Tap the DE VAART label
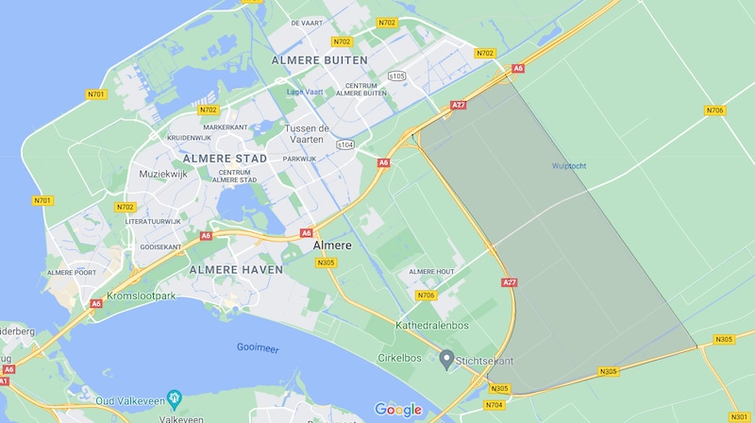tap(308, 23)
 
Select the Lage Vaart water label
tap(305, 92)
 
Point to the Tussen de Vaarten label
tap(319, 133)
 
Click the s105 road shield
tap(397, 75)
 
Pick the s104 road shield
tap(345, 144)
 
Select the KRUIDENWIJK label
tap(189, 137)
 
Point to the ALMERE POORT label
tap(73, 273)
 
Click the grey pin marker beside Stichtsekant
tap(447, 357)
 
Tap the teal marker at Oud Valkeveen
tap(173, 397)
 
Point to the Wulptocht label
tap(569, 166)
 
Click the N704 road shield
tap(494, 405)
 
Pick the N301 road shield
tap(739, 415)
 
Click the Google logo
tap(398, 409)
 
